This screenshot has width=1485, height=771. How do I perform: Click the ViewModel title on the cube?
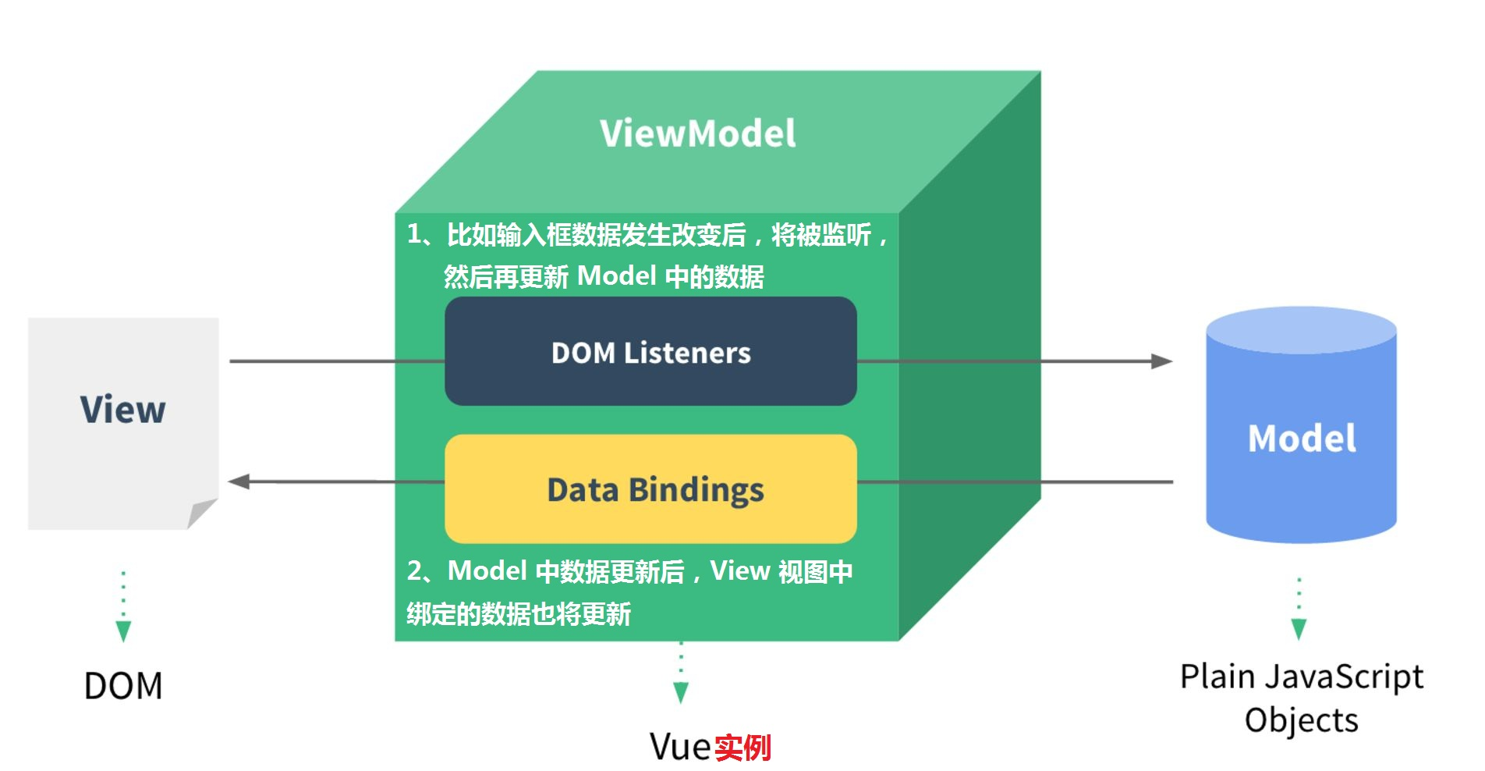point(697,133)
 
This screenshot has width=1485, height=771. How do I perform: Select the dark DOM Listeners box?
point(650,352)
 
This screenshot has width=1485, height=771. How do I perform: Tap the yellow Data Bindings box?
point(650,489)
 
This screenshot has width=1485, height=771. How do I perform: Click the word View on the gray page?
point(123,410)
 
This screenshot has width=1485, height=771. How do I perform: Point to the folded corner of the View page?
point(200,513)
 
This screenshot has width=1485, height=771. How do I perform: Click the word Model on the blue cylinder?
point(1301,439)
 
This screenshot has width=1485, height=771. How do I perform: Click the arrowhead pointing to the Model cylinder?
point(1162,361)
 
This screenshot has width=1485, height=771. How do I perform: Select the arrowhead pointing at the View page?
point(239,481)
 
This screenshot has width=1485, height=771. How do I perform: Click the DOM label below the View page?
point(123,686)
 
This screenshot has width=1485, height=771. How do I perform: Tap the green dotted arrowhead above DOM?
point(123,631)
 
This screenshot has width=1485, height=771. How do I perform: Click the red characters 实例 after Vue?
point(742,748)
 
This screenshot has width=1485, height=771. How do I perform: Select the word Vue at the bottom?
point(679,747)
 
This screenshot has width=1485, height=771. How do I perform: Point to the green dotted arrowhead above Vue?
point(681,692)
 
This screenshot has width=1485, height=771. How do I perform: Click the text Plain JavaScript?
point(1301,677)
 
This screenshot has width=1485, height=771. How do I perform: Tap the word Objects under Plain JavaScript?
point(1301,720)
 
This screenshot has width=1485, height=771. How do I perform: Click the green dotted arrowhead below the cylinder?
point(1299,629)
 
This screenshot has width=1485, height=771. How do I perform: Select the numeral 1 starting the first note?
point(414,233)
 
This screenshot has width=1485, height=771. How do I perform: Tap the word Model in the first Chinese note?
point(616,276)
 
